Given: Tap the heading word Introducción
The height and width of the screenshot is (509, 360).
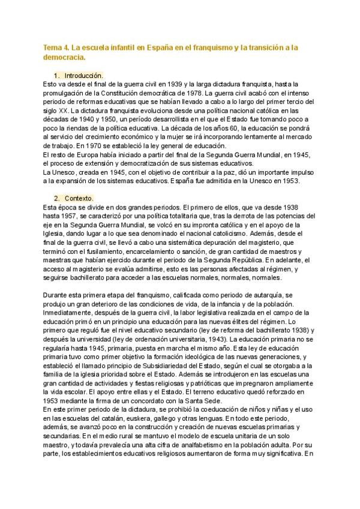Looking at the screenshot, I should [83, 76].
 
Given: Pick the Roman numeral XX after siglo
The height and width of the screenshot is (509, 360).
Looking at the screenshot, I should [60, 111].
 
